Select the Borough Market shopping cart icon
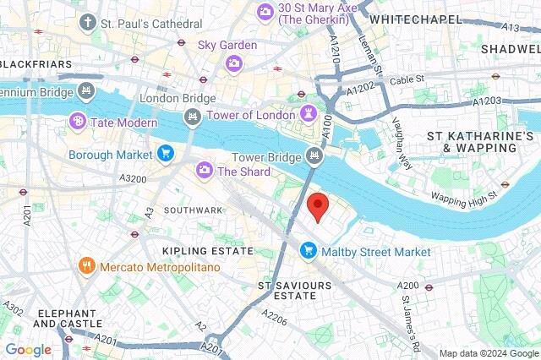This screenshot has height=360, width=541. [166, 154]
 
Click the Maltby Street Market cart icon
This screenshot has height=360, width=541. [309, 251]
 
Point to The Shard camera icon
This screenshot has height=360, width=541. [204, 172]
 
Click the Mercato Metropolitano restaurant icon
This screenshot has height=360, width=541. [86, 267]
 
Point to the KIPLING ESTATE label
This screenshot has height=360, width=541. [208, 251]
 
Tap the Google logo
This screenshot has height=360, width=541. [28, 350]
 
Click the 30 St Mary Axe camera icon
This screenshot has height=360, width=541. [265, 11]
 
